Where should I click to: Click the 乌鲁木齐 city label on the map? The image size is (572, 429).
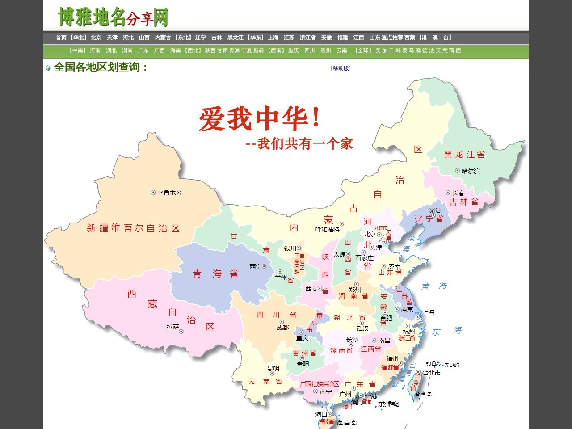169,193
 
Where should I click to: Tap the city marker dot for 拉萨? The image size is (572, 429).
181,332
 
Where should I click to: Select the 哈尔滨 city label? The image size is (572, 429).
471,171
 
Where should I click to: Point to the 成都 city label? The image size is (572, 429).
282,328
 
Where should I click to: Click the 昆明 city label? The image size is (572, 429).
273,369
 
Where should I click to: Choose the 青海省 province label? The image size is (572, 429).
215,273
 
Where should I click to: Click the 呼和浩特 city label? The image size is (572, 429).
327,230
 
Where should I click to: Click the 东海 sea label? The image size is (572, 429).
446,331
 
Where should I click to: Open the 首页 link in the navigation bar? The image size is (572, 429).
61,38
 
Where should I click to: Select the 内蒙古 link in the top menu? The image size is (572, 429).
163,38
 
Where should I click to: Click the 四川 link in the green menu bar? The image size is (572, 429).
310,50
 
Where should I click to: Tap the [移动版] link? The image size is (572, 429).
341,68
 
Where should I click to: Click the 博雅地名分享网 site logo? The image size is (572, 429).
113,17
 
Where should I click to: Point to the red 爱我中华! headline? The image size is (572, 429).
259,119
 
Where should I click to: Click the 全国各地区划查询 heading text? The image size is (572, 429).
100,67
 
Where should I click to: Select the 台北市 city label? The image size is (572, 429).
432,373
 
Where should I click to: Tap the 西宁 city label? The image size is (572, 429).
255,267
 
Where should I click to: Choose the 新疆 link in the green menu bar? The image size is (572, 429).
259,50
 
